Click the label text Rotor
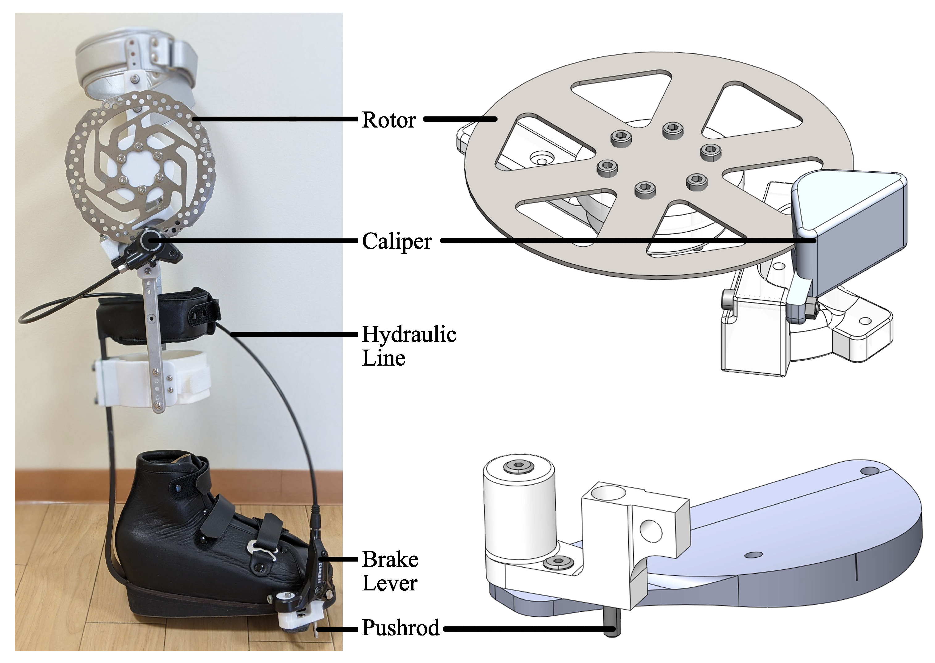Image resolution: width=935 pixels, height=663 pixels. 389,120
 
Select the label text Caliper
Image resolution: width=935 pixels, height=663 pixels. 397,241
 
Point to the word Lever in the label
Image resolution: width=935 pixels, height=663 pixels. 389,583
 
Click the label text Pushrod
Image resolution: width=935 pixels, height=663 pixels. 400,628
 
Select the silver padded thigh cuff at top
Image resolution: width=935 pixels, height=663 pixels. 135,69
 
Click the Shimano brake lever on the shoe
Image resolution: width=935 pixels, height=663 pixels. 318,572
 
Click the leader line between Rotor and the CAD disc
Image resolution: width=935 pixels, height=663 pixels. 460,119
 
